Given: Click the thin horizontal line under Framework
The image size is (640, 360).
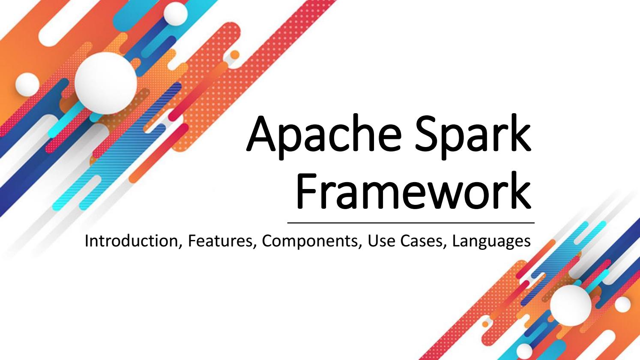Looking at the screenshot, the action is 411,223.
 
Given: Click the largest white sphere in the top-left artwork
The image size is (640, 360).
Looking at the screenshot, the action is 106,83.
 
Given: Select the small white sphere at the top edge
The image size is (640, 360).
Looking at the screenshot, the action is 176,13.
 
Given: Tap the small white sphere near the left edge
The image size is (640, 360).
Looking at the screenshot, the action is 27,84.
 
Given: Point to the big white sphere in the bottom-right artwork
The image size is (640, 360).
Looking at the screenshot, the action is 571,306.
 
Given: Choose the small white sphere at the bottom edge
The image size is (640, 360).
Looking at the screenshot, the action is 525,351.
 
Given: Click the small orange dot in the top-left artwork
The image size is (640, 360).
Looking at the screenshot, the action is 235,54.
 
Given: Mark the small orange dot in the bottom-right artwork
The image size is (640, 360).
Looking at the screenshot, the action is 485,324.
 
